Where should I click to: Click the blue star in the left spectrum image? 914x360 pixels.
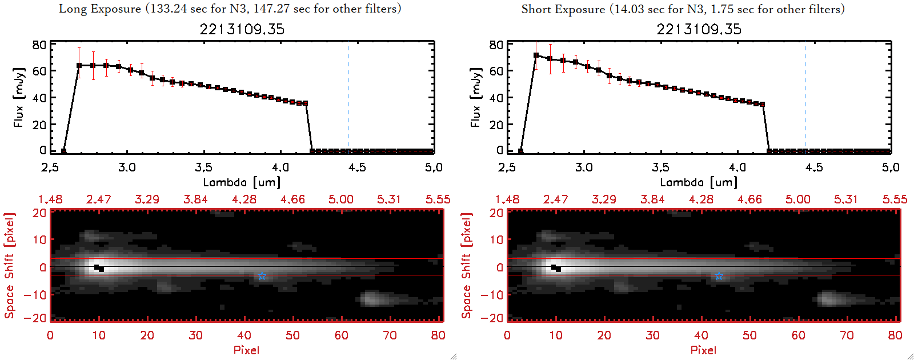[262, 277]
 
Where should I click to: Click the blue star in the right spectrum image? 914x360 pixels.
[719, 277]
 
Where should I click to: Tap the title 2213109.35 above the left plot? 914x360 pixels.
[242, 29]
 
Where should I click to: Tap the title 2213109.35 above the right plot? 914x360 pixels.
[699, 29]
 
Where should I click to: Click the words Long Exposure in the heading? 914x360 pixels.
[100, 9]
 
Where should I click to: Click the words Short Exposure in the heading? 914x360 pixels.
[563, 9]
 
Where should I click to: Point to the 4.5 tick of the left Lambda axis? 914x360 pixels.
[357, 167]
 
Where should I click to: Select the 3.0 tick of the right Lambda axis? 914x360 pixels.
[584, 167]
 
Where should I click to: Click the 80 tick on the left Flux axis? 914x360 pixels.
[39, 45]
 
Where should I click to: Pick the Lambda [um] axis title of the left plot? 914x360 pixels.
[242, 182]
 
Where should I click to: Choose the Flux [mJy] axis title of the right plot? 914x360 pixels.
[476, 97]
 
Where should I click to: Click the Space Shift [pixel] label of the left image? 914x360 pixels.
[9, 266]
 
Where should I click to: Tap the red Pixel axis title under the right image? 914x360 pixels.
[703, 350]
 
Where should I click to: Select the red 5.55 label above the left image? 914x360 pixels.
[438, 199]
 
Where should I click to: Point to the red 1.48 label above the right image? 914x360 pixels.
[507, 199]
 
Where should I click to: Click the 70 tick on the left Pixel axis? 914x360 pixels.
[390, 335]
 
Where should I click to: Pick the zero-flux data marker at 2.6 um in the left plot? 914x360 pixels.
[63, 151]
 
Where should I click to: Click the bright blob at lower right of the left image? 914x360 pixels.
[371, 298]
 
